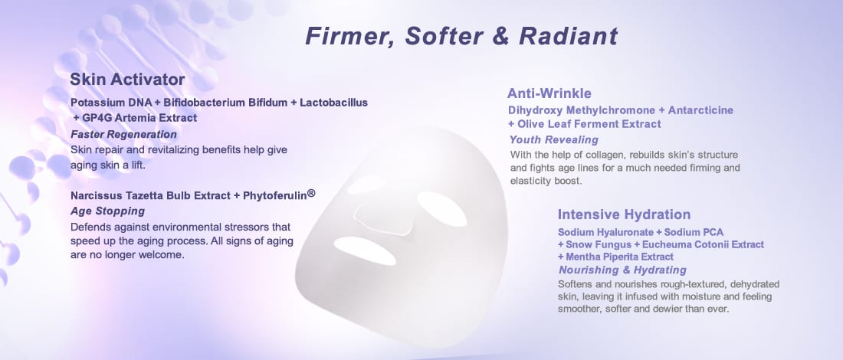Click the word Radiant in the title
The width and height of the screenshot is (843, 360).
pos(569,36)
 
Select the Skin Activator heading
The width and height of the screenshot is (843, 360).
pos(127,80)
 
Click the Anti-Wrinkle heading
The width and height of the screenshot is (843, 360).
pos(549,93)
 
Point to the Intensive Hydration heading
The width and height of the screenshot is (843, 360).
pos(624,214)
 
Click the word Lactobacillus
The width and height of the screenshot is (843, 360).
pos(334,102)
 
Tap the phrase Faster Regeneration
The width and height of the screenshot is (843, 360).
pos(123,134)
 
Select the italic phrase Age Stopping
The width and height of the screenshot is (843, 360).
pos(107,211)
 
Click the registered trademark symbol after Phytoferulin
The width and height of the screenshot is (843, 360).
pos(310,193)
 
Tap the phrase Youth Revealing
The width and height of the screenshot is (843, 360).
pos(554,140)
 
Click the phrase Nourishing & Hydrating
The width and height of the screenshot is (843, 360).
pos(622,270)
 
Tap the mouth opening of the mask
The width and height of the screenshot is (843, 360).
pos(365,250)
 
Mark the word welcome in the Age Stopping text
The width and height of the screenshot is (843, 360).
pos(165,255)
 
